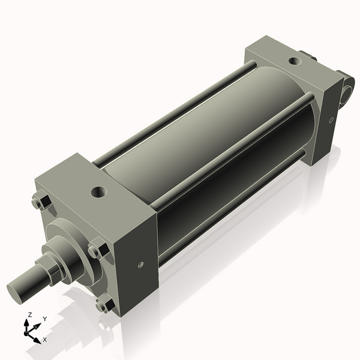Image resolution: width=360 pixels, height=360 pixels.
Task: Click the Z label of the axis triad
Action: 30,314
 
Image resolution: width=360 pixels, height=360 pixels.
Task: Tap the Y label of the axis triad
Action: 44,319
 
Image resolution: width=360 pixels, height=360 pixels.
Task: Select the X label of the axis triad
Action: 44,340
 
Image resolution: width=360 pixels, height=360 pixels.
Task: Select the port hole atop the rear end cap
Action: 294,61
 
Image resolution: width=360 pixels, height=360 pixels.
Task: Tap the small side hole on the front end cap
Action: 140,264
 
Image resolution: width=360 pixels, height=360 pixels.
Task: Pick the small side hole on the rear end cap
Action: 331,120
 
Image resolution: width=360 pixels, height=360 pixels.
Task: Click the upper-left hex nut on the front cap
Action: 40,203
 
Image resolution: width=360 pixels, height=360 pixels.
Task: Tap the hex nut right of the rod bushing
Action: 97,249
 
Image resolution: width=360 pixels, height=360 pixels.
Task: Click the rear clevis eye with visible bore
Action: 347,87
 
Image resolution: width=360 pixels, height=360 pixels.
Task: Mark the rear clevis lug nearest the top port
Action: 311,58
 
